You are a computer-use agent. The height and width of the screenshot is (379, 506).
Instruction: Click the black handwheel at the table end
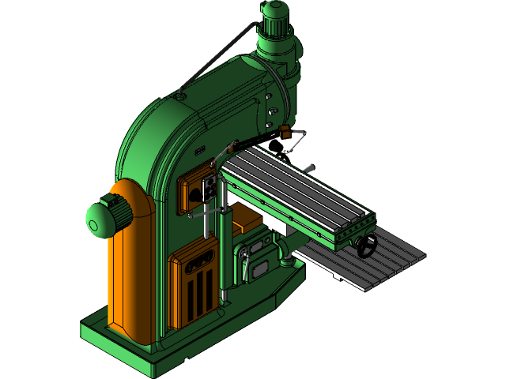(x=366, y=247)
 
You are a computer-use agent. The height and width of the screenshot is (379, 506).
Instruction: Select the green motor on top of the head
(x=277, y=19)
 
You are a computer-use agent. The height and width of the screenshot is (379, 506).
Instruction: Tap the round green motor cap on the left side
(x=100, y=219)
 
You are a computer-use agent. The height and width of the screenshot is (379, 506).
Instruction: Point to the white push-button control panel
(x=210, y=189)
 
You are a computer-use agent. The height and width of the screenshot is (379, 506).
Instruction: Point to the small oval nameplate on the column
(x=199, y=149)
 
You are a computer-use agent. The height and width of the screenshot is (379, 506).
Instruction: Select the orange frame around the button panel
(x=191, y=193)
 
